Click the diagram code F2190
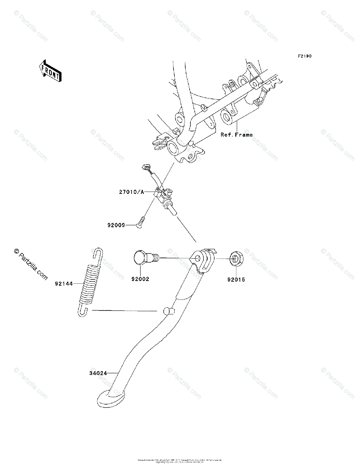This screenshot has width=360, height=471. click(x=304, y=57)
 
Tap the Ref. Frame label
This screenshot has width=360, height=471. click(x=236, y=135)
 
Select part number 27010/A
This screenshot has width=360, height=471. click(x=132, y=192)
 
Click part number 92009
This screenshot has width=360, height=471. click(x=116, y=225)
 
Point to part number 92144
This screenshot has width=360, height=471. click(x=64, y=283)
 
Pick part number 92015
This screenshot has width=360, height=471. click(x=236, y=280)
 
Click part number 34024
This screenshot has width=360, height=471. click(x=97, y=373)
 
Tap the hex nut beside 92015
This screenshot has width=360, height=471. click(x=236, y=259)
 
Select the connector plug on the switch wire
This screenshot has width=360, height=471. click(x=147, y=168)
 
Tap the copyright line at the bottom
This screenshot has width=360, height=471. click(x=180, y=460)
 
